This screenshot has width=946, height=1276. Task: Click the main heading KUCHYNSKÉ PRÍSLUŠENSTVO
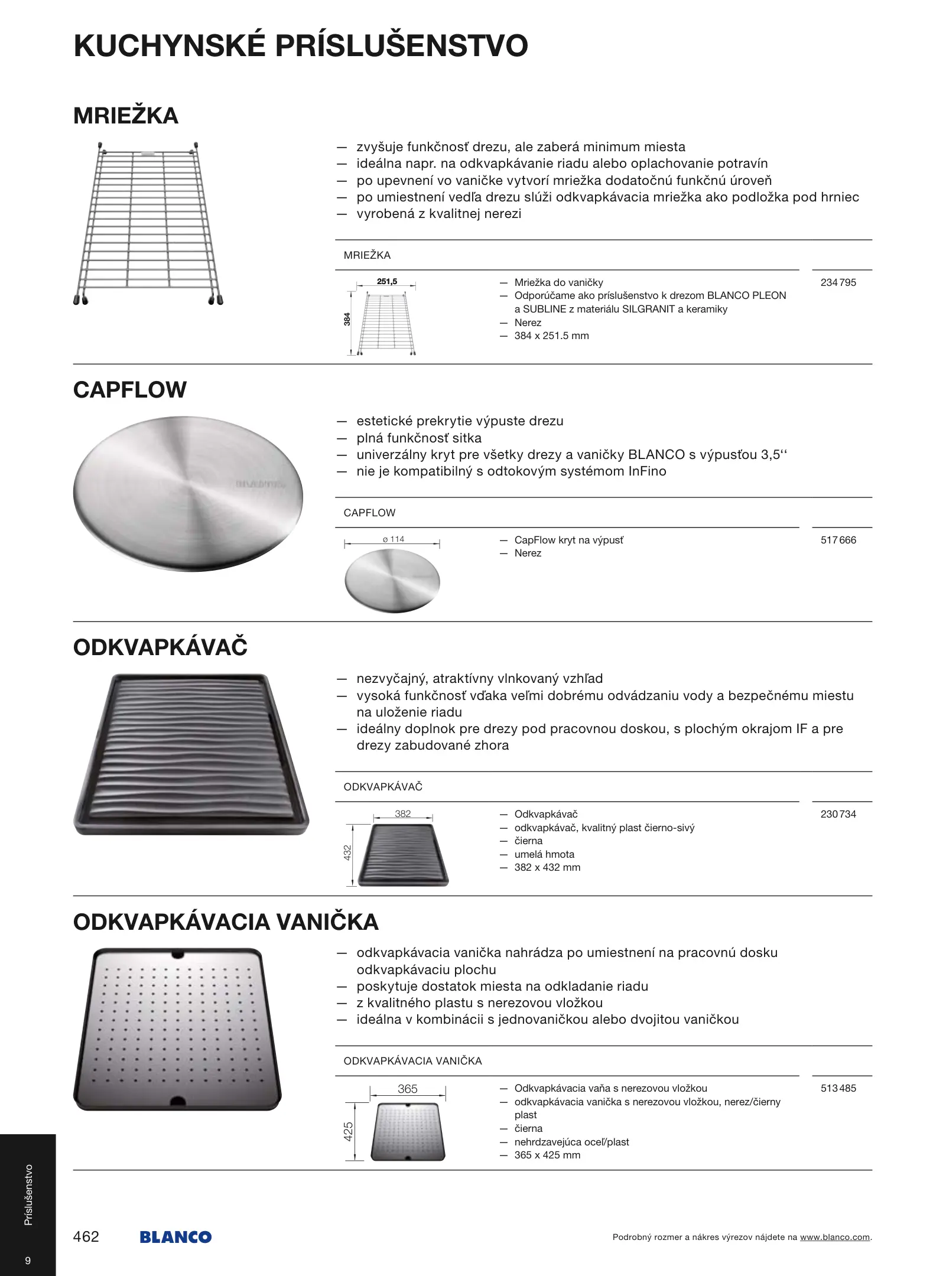tap(301, 46)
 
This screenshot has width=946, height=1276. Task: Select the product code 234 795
tap(838, 282)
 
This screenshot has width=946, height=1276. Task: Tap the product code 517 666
tap(838, 540)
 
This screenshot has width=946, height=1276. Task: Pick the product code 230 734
tap(838, 814)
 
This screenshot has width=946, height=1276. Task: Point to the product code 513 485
tap(838, 1088)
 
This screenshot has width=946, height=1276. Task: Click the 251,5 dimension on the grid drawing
tap(387, 282)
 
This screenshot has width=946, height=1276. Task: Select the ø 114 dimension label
tap(394, 539)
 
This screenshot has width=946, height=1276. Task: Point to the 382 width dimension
tap(403, 814)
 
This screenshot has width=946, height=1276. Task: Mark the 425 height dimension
tap(349, 1132)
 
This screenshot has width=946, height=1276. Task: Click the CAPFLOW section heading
tap(130, 390)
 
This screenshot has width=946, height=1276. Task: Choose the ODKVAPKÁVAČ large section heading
tap(160, 647)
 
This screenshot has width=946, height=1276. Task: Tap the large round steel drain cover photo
tap(188, 494)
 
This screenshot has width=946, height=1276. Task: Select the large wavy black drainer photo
tap(191, 754)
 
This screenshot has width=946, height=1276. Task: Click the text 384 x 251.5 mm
tap(551, 336)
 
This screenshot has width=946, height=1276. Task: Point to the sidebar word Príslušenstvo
tap(28, 1194)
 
